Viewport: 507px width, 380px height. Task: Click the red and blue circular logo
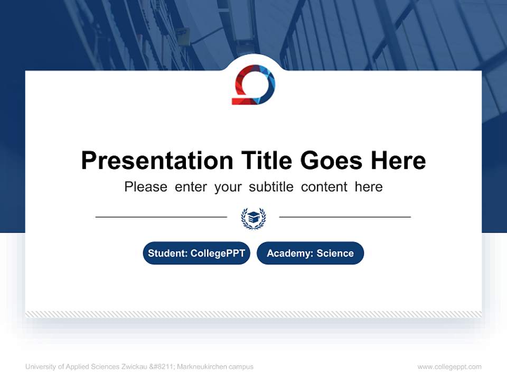click(253, 84)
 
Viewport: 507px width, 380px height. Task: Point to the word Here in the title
click(398, 160)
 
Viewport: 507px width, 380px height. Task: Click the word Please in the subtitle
click(146, 187)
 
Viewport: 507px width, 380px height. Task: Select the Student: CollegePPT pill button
click(196, 253)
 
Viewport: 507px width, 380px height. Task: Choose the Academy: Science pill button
click(310, 253)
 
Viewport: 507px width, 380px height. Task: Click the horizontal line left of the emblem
click(161, 217)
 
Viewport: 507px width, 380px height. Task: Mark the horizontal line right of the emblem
click(345, 217)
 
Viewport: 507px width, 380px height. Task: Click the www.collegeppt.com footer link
click(449, 367)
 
